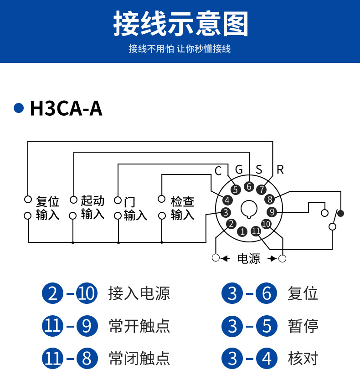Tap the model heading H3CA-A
pyautogui.click(x=66, y=109)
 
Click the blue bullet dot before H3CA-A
pyautogui.click(x=19, y=108)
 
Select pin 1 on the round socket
pyautogui.click(x=243, y=231)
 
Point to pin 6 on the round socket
pyautogui.click(x=248, y=186)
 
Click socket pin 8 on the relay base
pyautogui.click(x=270, y=199)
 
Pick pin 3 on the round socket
pyautogui.click(x=225, y=212)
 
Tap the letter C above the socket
pyautogui.click(x=218, y=171)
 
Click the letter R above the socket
pyautogui.click(x=280, y=170)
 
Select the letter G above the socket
pyautogui.click(x=239, y=170)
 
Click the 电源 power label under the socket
pyautogui.click(x=249, y=259)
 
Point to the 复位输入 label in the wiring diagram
pyautogui.click(x=48, y=208)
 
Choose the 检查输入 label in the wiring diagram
pyautogui.click(x=182, y=208)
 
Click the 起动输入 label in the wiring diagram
pyautogui.click(x=93, y=207)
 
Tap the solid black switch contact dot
pyautogui.click(x=340, y=213)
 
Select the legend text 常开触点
pyautogui.click(x=139, y=326)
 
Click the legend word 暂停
pyautogui.click(x=303, y=326)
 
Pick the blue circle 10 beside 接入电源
pyautogui.click(x=87, y=293)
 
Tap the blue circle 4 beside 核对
pyautogui.click(x=267, y=359)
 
